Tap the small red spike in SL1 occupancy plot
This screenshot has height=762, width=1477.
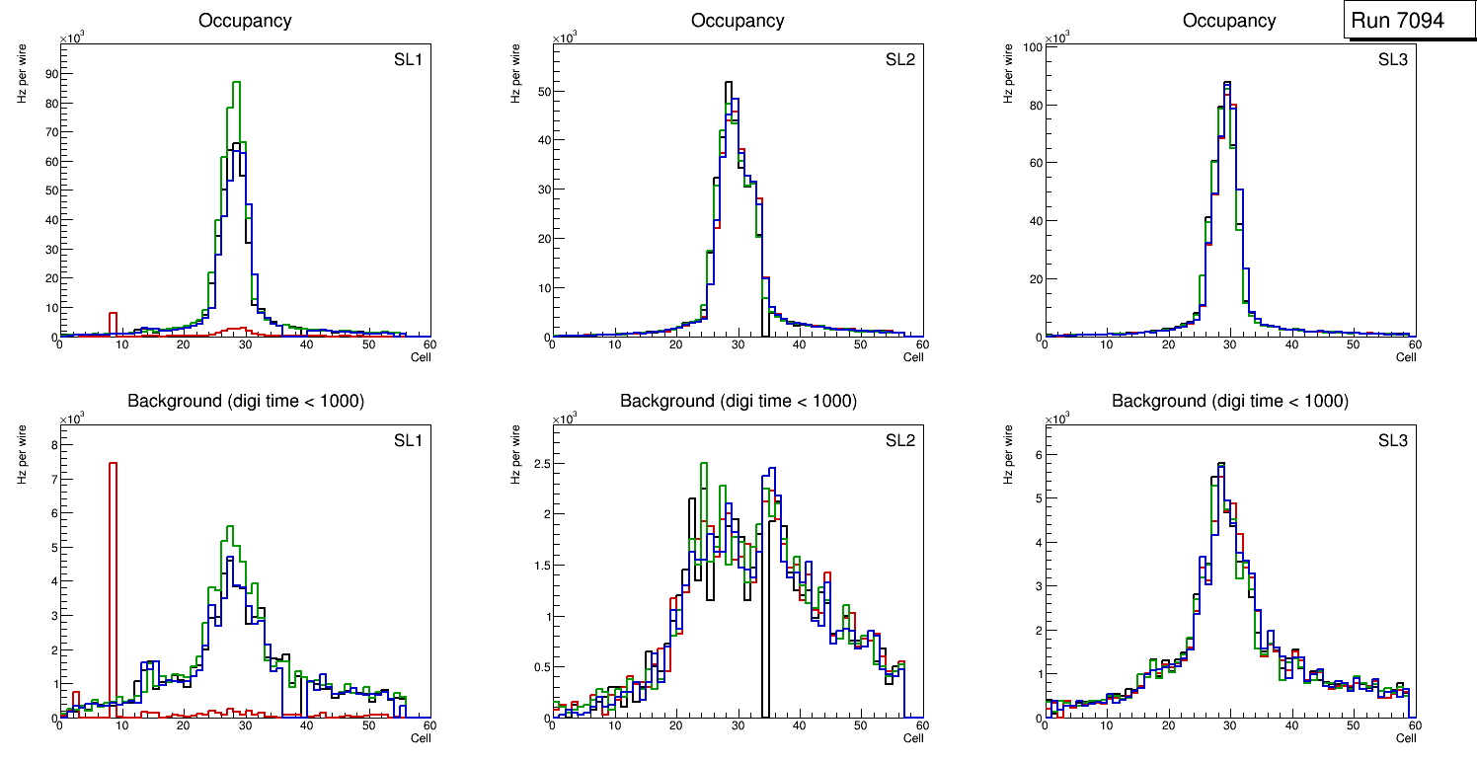click(x=113, y=322)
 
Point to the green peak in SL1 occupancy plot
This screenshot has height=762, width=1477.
click(x=236, y=83)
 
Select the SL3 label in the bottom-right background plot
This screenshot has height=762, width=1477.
click(x=1393, y=440)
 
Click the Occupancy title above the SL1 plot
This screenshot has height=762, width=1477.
click(x=245, y=20)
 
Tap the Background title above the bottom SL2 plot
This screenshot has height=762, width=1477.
click(x=738, y=401)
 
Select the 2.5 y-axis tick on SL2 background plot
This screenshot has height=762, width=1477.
click(x=540, y=462)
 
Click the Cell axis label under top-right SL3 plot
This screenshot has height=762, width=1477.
click(x=1406, y=357)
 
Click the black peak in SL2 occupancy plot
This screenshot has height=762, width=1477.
click(x=729, y=83)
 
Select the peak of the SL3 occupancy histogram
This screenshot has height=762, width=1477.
click(x=1227, y=83)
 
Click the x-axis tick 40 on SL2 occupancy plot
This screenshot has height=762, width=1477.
click(x=798, y=344)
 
